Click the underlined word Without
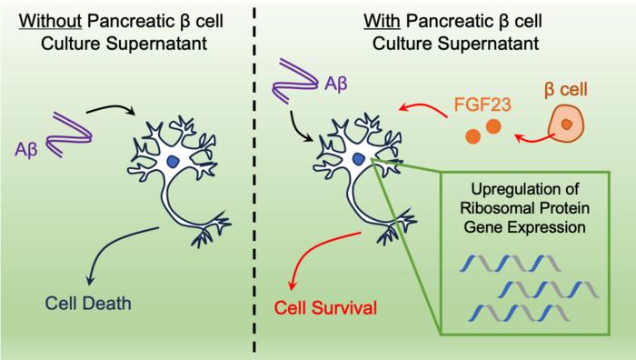[x=51, y=21]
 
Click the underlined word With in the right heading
[x=383, y=21]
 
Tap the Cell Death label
[x=88, y=303]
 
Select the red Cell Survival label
[x=325, y=307]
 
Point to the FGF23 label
[x=482, y=105]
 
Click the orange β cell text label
[x=566, y=89]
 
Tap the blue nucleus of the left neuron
[x=173, y=162]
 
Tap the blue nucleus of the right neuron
[x=358, y=159]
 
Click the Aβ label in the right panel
[x=336, y=84]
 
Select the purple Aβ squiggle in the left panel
[x=69, y=135]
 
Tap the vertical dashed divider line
[x=254, y=180]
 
